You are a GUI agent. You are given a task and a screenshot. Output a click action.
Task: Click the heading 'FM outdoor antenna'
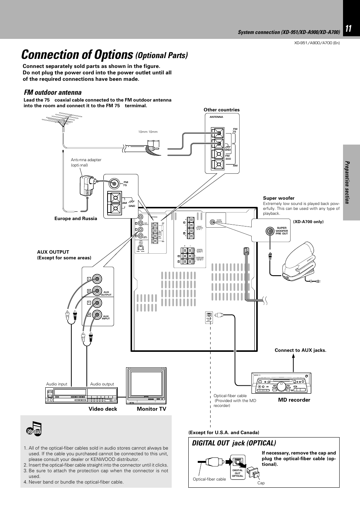[52, 92]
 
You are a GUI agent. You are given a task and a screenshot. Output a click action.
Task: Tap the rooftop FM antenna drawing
[64, 121]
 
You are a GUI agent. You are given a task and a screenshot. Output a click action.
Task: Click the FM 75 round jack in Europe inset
[115, 184]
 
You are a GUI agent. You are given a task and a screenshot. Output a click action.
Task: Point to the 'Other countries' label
[222, 110]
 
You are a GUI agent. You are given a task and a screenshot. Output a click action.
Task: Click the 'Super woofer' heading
[278, 198]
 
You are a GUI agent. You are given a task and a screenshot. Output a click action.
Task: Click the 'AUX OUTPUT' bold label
[53, 252]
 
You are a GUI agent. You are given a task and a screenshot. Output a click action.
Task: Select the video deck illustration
[80, 394]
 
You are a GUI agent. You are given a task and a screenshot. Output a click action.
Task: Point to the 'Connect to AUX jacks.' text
[300, 350]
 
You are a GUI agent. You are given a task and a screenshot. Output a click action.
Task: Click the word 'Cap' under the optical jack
[261, 483]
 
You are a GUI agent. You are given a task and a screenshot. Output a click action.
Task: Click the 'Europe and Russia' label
[76, 219]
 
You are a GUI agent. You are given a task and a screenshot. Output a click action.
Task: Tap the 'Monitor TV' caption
[151, 409]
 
